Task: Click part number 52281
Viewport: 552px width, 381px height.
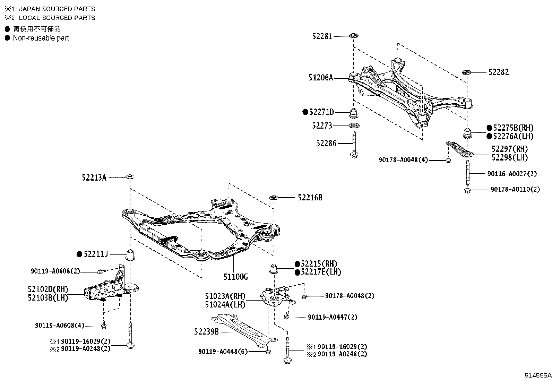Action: point(322,36)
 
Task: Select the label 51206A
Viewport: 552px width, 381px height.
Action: point(321,78)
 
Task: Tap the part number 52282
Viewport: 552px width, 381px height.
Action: point(499,72)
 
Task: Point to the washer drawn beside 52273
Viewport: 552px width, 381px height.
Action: point(354,125)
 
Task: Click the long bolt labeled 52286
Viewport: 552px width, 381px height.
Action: point(354,144)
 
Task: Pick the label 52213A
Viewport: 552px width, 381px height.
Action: point(94,177)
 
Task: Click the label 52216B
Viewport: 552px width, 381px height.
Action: point(310,198)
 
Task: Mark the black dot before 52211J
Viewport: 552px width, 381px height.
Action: point(79,254)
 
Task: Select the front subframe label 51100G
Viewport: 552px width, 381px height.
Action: point(235,277)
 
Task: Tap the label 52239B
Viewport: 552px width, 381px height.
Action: point(206,332)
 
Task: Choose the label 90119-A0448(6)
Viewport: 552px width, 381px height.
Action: point(223,352)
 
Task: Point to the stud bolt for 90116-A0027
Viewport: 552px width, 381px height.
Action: point(468,173)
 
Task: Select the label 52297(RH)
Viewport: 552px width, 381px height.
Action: point(510,149)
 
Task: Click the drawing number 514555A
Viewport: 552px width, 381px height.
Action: point(537,375)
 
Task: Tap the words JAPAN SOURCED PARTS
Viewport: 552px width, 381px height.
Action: point(57,9)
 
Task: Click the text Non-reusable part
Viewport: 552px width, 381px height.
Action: point(41,38)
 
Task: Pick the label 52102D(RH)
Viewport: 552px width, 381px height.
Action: point(48,289)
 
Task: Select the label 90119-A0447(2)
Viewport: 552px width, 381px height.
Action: point(333,317)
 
